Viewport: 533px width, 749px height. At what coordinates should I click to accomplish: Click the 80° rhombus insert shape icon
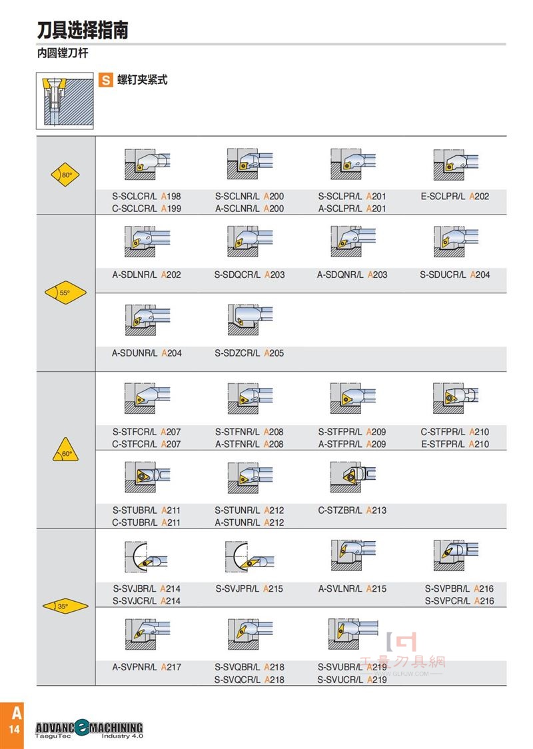click(x=65, y=175)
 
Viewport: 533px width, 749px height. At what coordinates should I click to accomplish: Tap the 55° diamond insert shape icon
click(x=65, y=293)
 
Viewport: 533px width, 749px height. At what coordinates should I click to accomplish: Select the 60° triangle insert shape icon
click(x=65, y=450)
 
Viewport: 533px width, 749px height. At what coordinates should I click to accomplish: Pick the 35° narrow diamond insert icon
click(x=65, y=606)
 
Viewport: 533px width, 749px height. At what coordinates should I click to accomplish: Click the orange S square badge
click(x=105, y=80)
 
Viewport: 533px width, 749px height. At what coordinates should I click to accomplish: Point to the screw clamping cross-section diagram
click(x=65, y=101)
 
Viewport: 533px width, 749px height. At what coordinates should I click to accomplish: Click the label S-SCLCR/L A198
click(x=147, y=197)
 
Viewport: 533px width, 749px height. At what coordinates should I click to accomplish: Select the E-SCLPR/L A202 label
click(x=454, y=197)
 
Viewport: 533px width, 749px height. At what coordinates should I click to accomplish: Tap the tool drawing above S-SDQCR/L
click(x=250, y=241)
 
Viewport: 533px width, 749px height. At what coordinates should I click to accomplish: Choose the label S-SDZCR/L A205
click(x=249, y=353)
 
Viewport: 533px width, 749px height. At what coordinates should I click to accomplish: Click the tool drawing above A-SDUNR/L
click(x=147, y=319)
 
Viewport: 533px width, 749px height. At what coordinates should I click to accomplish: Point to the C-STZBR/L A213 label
click(x=352, y=510)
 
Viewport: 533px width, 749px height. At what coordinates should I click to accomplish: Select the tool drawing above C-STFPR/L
click(x=455, y=397)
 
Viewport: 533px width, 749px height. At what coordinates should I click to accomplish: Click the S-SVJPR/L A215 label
click(x=249, y=589)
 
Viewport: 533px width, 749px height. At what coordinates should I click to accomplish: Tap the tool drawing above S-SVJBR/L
click(x=146, y=556)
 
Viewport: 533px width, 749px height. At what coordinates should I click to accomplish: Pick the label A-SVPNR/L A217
click(x=147, y=667)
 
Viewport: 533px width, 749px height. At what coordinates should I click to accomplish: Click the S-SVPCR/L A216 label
click(x=460, y=601)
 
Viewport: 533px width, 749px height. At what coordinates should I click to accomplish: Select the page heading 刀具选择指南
click(x=83, y=30)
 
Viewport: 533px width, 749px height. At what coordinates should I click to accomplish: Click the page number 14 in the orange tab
click(x=15, y=729)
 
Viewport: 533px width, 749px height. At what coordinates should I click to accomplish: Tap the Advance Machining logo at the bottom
click(x=89, y=729)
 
